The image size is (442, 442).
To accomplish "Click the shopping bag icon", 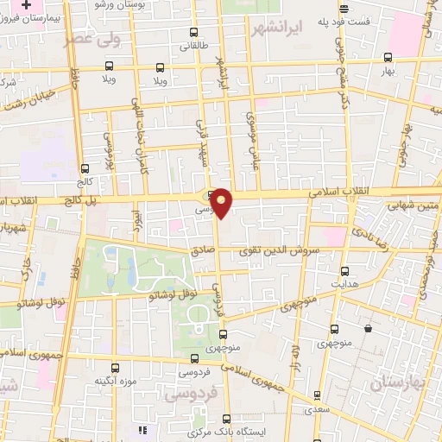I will coord(369,328).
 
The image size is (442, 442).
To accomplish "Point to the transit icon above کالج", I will coord(85,169).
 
